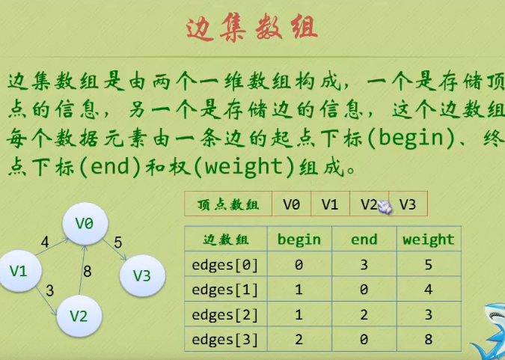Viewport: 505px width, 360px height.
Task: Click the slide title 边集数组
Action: tap(252, 28)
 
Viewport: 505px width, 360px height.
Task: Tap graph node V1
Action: tap(19, 270)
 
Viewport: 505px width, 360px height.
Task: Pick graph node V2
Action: tap(79, 315)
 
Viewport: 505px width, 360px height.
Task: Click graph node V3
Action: tap(141, 275)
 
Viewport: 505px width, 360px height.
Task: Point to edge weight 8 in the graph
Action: tap(88, 272)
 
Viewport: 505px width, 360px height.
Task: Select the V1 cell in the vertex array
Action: tap(330, 204)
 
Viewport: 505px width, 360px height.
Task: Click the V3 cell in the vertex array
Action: tap(408, 204)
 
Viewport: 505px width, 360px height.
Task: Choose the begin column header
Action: tap(299, 240)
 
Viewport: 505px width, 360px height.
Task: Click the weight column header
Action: tap(428, 240)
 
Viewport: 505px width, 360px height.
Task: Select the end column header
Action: tap(364, 240)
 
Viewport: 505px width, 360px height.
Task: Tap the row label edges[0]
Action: tap(225, 263)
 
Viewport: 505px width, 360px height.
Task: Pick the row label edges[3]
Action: tap(225, 339)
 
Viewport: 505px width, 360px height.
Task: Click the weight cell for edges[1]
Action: tap(428, 289)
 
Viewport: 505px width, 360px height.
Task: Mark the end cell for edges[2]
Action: tap(364, 314)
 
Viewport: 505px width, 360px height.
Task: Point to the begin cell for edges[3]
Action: tap(299, 339)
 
